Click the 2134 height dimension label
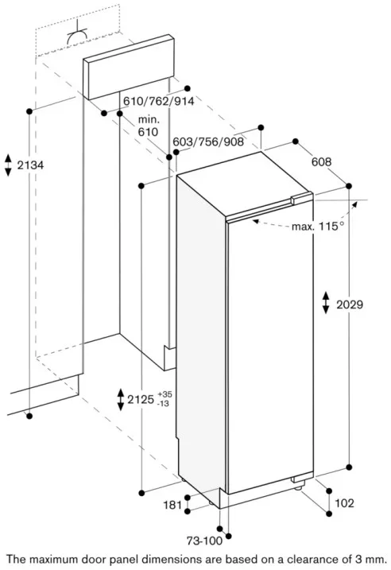pos(30,165)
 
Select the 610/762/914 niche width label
pos(158,101)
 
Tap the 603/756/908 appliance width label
pos(208,142)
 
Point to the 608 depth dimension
pos(322,161)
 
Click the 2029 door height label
pos(350,304)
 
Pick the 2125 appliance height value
pos(141,400)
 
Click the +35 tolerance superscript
pos(165,394)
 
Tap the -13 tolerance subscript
pos(163,404)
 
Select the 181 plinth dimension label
pos(172,505)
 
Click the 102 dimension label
pos(344,502)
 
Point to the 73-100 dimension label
pos(204,541)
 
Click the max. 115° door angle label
pos(318,227)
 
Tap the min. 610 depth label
pos(149,126)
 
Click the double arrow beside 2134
pos(8,165)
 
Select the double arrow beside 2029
pos(326,302)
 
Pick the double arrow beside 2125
pos(121,400)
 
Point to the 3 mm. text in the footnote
pos(374,559)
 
